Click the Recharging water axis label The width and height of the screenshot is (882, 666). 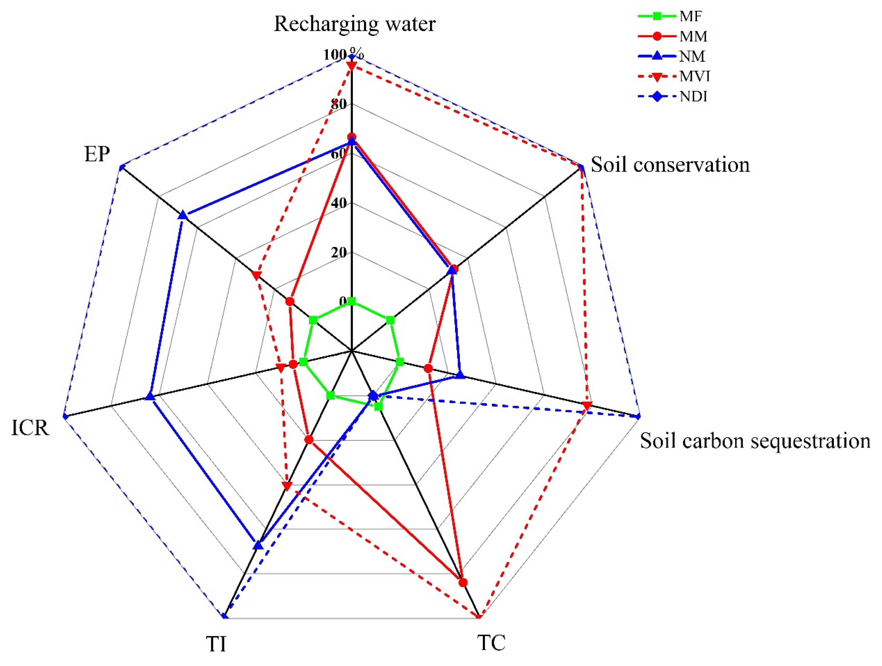[355, 24]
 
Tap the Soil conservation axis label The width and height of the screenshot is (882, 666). [670, 165]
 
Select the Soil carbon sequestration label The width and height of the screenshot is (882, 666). [755, 441]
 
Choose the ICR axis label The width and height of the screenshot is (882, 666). [30, 428]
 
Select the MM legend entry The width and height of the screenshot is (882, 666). [693, 36]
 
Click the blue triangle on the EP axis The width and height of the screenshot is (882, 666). [183, 215]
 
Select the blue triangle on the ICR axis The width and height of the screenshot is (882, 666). [150, 396]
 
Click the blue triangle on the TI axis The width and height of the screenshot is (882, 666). [258, 545]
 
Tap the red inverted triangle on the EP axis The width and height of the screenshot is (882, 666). [256, 275]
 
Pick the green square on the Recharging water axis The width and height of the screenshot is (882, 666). [351, 301]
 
